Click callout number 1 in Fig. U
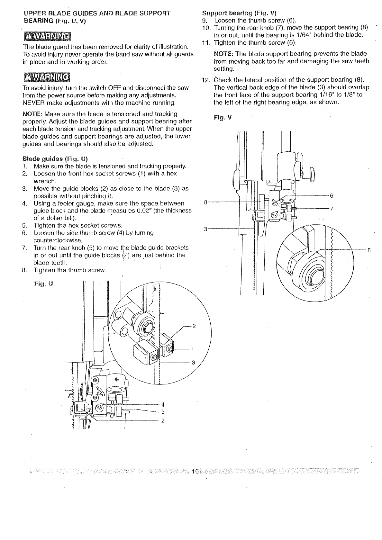(193, 349)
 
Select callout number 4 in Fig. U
(163, 404)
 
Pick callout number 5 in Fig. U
(163, 412)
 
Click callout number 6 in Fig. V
(332, 196)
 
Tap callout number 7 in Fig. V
(332, 208)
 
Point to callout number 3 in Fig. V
(205, 229)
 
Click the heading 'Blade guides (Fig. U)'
(55, 159)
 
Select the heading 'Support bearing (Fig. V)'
(239, 14)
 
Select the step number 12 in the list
(205, 80)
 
